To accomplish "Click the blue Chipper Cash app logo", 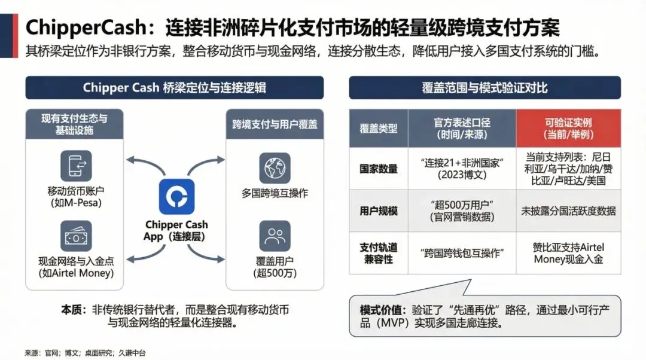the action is tap(176, 197).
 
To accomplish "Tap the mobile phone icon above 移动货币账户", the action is tap(76, 166).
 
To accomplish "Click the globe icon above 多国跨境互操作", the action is tap(275, 168).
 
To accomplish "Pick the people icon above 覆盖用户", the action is tap(275, 236).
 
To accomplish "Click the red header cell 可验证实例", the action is tap(568, 128).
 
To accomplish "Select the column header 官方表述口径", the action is tap(462, 128).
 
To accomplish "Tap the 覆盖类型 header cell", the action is tap(379, 128).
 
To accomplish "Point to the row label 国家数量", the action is tap(379, 169).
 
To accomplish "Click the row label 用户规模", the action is tap(379, 210).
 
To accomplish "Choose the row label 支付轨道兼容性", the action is tap(379, 252).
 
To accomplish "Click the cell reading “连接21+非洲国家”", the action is tap(462, 169).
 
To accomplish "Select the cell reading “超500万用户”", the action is tap(462, 210).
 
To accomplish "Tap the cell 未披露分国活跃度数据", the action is tap(568, 210).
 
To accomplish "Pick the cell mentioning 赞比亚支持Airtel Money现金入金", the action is tap(568, 252).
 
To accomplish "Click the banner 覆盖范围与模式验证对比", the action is tap(484, 88).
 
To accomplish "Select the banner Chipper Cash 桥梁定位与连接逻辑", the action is tap(174, 88).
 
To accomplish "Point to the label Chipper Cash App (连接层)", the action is tap(176, 230).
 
